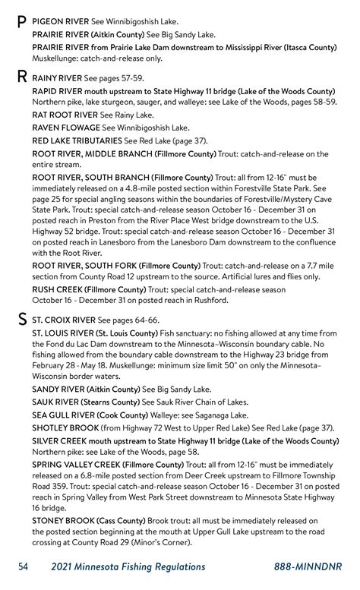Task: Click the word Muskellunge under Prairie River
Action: (x=61, y=58)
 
